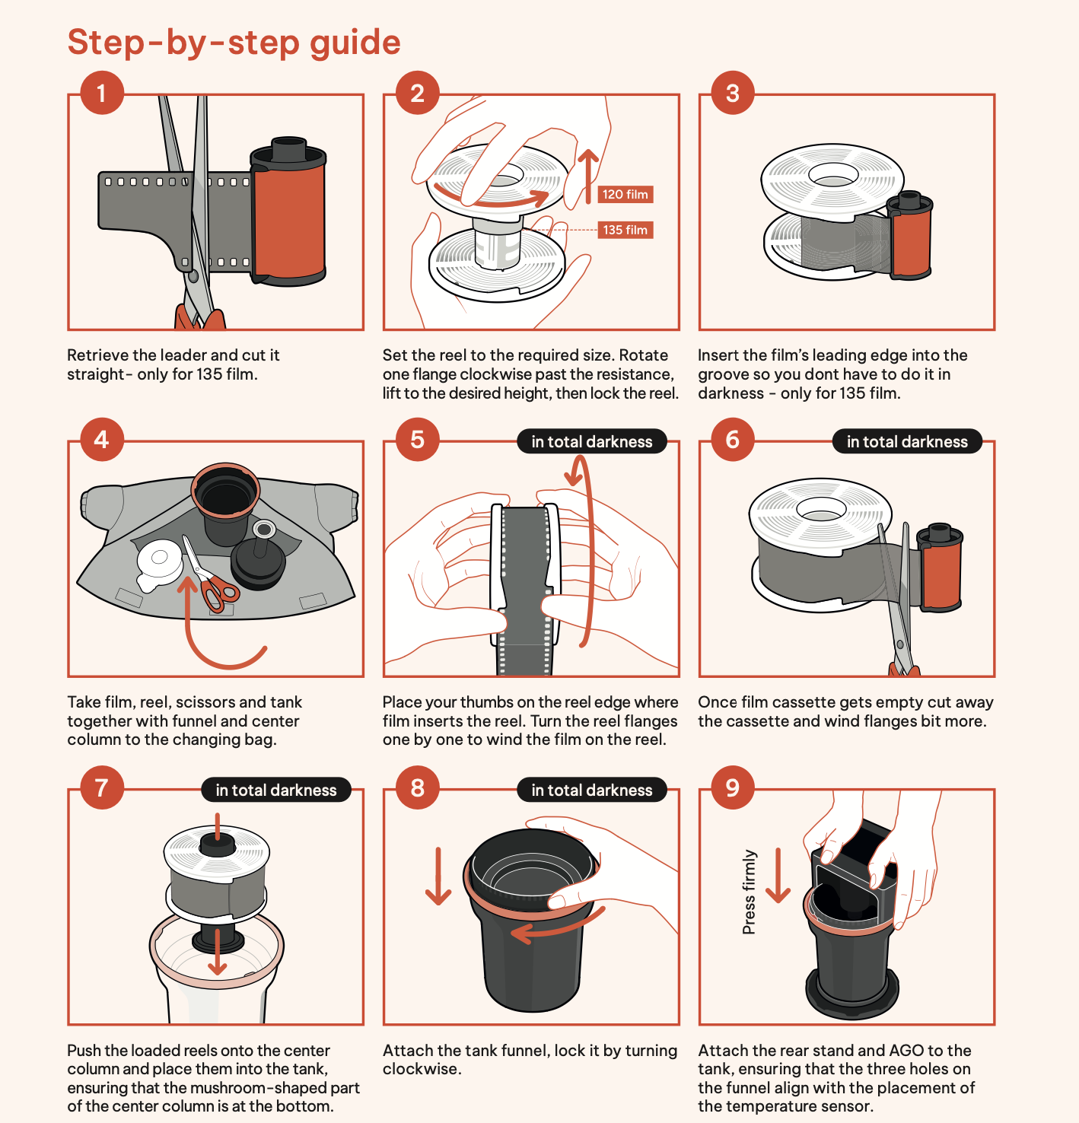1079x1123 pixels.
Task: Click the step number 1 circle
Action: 101,93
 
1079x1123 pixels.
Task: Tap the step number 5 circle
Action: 417,440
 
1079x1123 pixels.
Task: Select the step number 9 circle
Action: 732,787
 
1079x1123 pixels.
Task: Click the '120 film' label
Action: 625,195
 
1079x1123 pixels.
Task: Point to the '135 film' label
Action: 625,230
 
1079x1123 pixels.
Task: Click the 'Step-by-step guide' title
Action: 234,42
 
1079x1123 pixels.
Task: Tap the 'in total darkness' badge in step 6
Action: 907,442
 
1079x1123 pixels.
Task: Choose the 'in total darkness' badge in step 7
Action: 275,791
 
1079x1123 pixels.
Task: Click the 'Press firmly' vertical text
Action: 750,892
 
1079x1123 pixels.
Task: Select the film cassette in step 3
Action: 910,236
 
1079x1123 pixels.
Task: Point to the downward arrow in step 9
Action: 778,875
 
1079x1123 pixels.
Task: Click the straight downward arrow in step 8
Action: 438,876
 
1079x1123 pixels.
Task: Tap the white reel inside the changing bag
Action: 159,565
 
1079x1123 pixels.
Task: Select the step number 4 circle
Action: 101,440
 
